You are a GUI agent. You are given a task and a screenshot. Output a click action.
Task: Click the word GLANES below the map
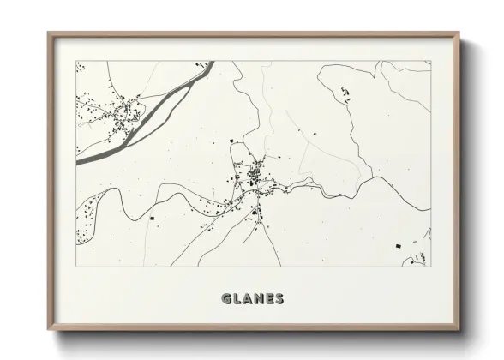pyautogui.click(x=253, y=299)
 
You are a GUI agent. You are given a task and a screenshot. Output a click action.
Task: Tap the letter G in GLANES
pyautogui.click(x=226, y=299)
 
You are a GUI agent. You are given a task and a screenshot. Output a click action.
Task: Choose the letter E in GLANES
pyautogui.click(x=271, y=299)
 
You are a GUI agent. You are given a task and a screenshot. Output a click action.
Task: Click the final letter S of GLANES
pyautogui.click(x=281, y=299)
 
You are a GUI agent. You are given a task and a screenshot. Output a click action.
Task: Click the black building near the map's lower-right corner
pyautogui.click(x=398, y=247)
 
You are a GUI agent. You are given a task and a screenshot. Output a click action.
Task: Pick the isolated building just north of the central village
pyautogui.click(x=231, y=141)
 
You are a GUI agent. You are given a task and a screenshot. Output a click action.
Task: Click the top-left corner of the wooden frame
pyautogui.click(x=48, y=33)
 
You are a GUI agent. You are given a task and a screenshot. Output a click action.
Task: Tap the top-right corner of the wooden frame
pyautogui.click(x=459, y=33)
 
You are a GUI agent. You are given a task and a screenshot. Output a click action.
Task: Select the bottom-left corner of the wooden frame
pyautogui.click(x=48, y=330)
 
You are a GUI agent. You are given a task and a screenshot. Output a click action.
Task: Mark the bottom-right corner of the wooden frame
pyautogui.click(x=459, y=330)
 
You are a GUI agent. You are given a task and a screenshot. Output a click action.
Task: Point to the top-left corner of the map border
pyautogui.click(x=76, y=61)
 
